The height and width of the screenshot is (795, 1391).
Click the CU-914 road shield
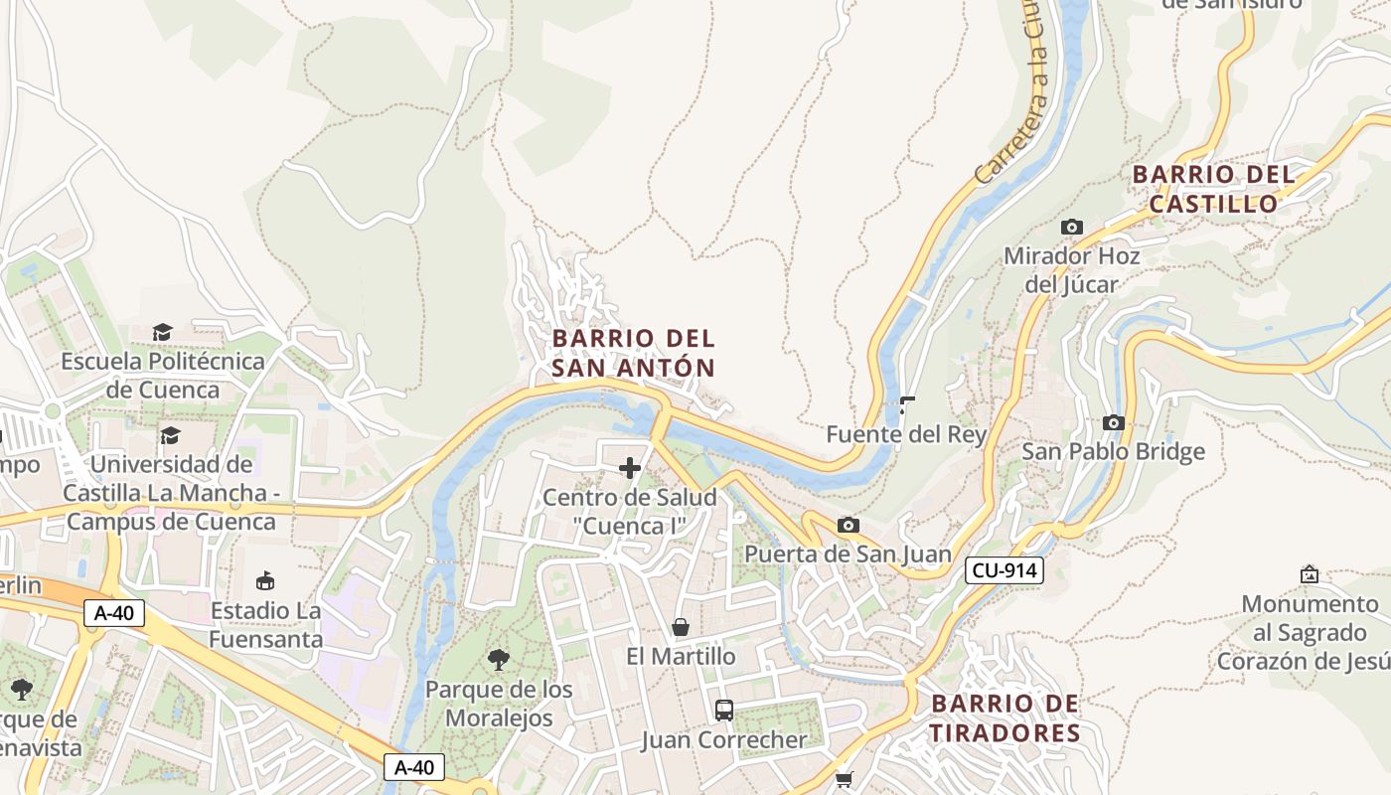[x=1004, y=570]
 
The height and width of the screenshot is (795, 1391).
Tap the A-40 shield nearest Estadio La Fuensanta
[x=114, y=613]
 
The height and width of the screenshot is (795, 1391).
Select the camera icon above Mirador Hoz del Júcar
[x=1071, y=227]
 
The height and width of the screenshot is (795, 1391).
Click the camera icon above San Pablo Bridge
[x=1113, y=422]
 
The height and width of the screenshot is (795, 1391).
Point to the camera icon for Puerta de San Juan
[x=848, y=525]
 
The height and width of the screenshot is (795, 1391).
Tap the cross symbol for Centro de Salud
[x=630, y=468]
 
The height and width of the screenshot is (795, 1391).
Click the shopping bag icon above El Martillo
[x=681, y=627]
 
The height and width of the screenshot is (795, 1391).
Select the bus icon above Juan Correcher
[x=724, y=711]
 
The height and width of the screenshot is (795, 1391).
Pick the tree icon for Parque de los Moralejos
[x=499, y=659]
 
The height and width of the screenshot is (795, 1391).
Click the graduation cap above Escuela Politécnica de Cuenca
[x=162, y=332]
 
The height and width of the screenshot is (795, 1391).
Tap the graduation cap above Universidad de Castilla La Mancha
[x=170, y=435]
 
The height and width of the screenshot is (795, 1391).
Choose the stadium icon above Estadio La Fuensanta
[x=265, y=580]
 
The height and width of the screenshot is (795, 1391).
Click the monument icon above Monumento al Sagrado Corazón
[x=1310, y=574]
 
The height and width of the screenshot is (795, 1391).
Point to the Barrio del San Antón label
[x=633, y=353]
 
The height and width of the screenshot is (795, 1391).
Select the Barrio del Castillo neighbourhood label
[x=1213, y=189]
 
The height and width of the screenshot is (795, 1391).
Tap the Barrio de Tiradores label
[x=1005, y=718]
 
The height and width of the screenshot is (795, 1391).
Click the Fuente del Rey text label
[x=906, y=434]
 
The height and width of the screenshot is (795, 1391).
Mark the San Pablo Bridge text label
[x=1113, y=451]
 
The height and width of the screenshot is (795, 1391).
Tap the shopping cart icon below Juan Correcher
[x=844, y=780]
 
